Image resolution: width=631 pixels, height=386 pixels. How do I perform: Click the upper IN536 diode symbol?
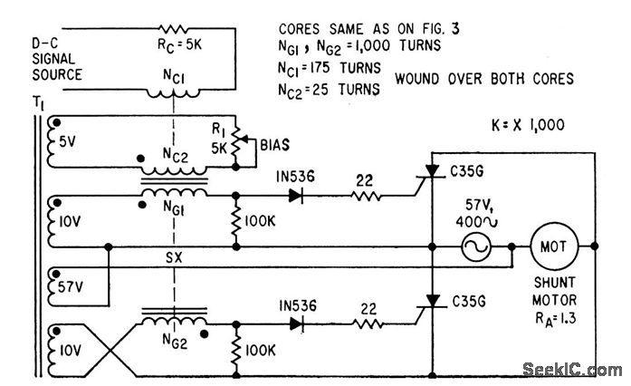point(293,195)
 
